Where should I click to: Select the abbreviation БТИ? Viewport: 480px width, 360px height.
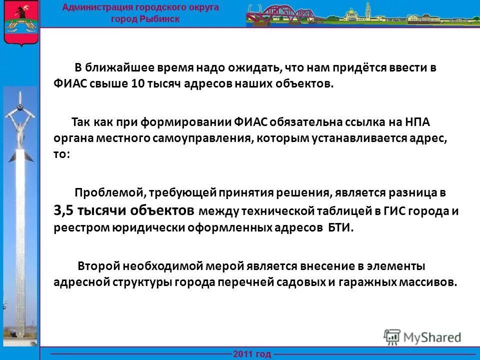pyautogui.click(x=340, y=227)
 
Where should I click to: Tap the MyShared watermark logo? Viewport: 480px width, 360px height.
pyautogui.click(x=423, y=336)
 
